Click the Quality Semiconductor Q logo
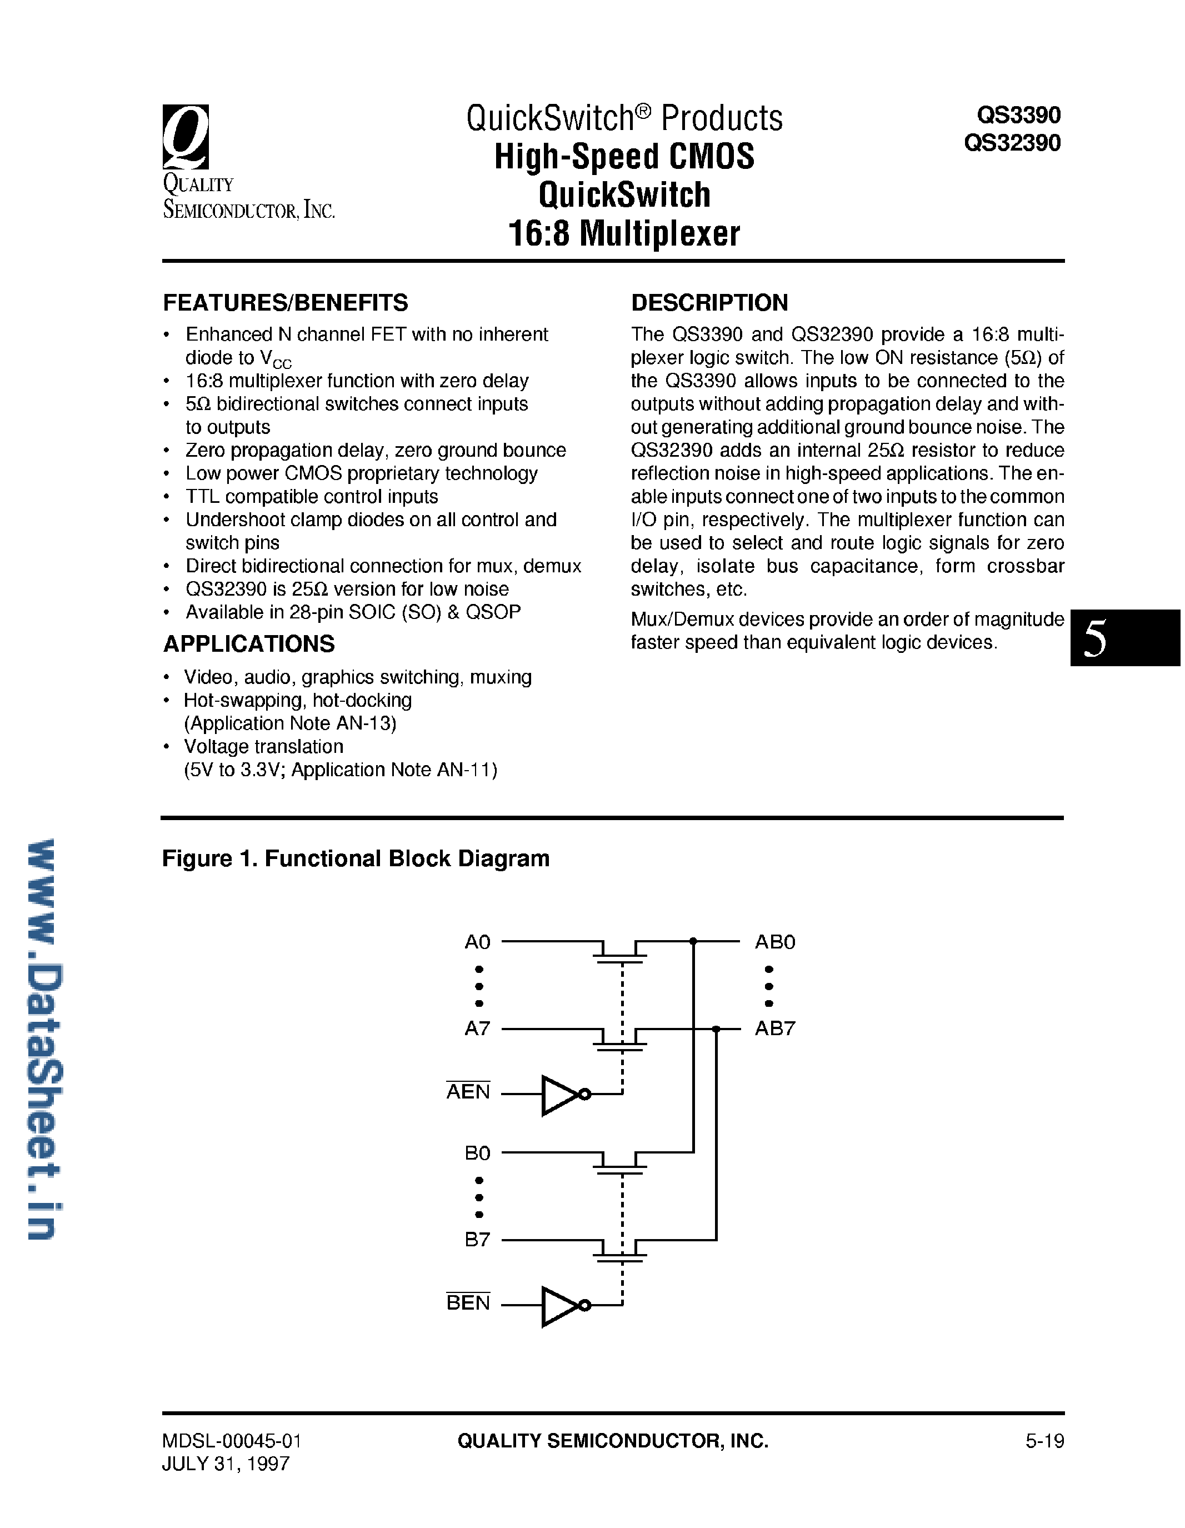tap(186, 137)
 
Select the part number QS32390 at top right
tap(1012, 143)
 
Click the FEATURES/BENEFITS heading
tap(286, 303)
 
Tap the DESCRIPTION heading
tap(709, 303)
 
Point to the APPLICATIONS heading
tap(248, 643)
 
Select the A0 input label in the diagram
tap(477, 942)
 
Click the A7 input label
tap(477, 1028)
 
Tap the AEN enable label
tap(468, 1091)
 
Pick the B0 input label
tap(477, 1153)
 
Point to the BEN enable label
tap(468, 1303)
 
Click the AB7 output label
tap(775, 1028)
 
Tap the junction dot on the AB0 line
tap(693, 942)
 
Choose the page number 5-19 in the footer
tap(1044, 1441)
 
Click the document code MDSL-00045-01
tap(232, 1441)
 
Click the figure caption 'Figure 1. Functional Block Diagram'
tap(356, 858)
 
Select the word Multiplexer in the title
tap(659, 234)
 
